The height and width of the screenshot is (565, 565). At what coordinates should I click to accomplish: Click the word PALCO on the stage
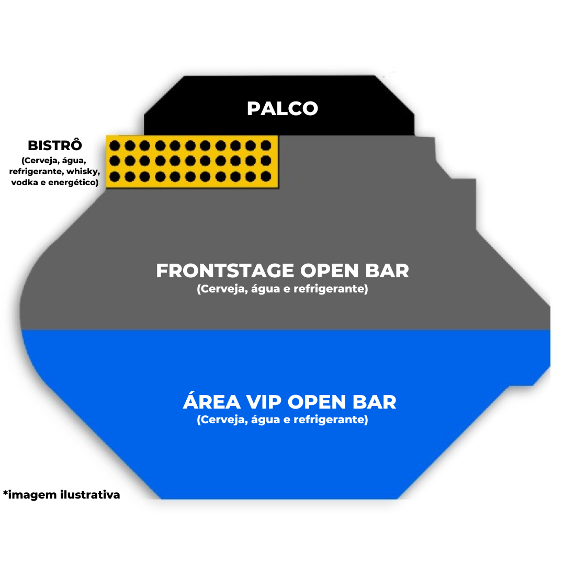point(282,108)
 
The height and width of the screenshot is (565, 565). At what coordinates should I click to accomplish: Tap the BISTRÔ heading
point(55,145)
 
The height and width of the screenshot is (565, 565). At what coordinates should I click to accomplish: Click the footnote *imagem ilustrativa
point(61,494)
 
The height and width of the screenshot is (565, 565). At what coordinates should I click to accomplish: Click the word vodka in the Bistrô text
point(25,182)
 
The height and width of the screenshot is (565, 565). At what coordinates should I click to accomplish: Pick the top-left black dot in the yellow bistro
point(115,145)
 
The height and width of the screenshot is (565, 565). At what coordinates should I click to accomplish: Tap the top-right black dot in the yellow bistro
point(266,145)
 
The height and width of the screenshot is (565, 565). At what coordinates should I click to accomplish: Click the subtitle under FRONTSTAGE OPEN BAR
point(282,289)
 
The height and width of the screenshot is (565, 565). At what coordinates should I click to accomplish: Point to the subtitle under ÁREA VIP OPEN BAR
point(282,420)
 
